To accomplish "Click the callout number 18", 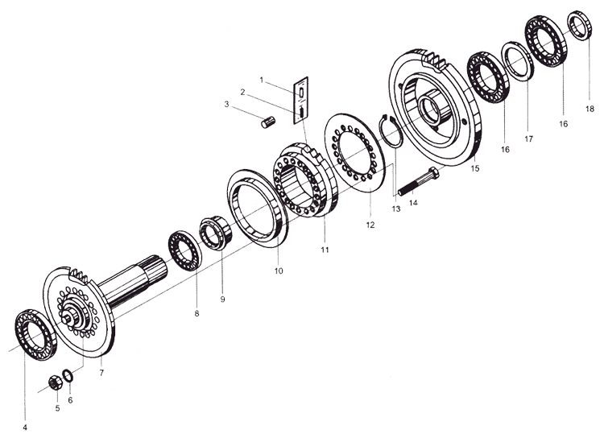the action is coord(590,109).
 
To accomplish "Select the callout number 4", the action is coord(25,427).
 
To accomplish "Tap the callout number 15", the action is coord(475,168).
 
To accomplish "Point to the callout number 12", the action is coord(370,225).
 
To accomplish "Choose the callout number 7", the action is coord(101,373).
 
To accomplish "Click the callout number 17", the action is coord(529,138).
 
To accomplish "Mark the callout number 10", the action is coord(279,271).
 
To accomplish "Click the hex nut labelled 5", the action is coord(56,382).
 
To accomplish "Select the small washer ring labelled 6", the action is coord(68,375).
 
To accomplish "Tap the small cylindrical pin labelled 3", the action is coord(268,122).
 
